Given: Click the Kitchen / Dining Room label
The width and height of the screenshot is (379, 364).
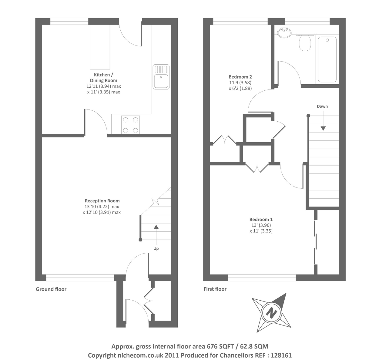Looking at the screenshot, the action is pyautogui.click(x=103, y=78).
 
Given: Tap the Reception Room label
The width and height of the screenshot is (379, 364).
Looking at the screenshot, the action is pyautogui.click(x=102, y=201).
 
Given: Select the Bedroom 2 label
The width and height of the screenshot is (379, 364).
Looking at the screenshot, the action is pyautogui.click(x=240, y=77).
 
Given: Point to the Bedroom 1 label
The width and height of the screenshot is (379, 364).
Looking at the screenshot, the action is pyautogui.click(x=261, y=219).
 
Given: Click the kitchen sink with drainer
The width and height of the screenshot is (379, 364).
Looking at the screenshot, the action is pyautogui.click(x=161, y=77).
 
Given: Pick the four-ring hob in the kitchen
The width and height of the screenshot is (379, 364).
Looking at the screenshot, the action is pyautogui.click(x=130, y=125).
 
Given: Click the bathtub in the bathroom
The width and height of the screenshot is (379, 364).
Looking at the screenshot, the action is pyautogui.click(x=327, y=59).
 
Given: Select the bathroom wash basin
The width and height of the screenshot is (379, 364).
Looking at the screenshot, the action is pyautogui.click(x=284, y=32).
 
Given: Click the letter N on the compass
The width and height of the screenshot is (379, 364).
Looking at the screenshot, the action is pyautogui.click(x=271, y=314).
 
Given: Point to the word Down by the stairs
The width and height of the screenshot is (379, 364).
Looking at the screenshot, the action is pyautogui.click(x=322, y=106).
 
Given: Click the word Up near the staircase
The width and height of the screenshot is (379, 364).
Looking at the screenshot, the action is pyautogui.click(x=156, y=249).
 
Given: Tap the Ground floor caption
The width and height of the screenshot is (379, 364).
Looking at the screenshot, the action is pyautogui.click(x=51, y=289).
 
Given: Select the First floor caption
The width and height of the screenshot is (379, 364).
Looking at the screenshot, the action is pyautogui.click(x=215, y=289).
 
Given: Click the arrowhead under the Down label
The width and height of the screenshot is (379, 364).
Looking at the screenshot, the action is pyautogui.click(x=323, y=128).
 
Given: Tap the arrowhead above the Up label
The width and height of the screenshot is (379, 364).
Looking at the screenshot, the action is pyautogui.click(x=156, y=227).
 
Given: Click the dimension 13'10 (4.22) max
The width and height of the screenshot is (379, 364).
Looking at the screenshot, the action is pyautogui.click(x=102, y=207).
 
